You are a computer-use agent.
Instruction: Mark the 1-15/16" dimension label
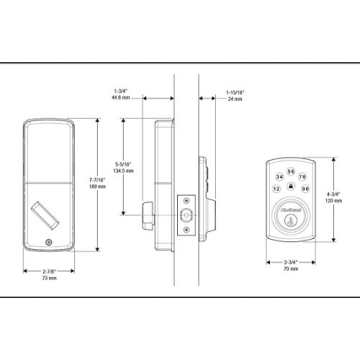234,95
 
